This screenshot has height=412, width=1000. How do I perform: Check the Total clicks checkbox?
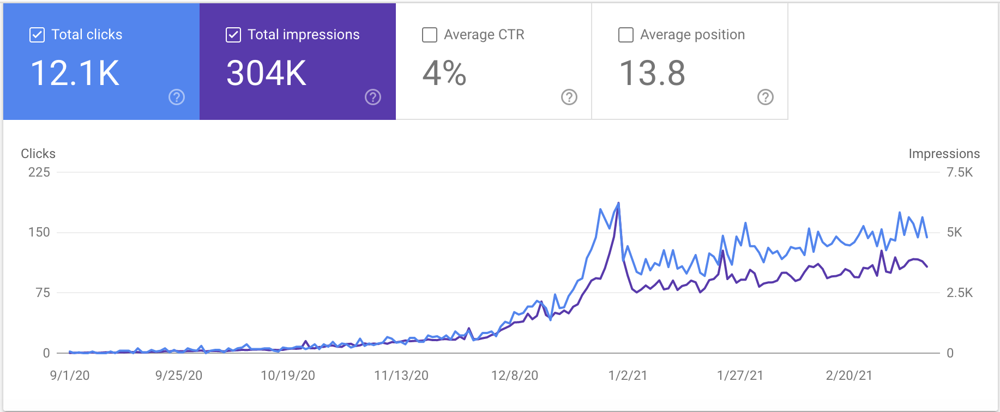tap(37, 35)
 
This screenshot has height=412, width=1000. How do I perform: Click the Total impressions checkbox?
tap(233, 35)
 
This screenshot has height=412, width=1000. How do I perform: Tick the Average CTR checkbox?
tap(430, 35)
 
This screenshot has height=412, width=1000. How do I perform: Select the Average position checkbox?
tap(626, 35)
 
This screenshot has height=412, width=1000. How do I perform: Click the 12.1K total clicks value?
tap(75, 73)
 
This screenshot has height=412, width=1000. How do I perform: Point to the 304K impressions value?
tap(266, 73)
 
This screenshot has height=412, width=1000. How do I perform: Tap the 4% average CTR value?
tap(444, 73)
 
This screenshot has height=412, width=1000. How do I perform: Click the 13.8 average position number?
tap(652, 73)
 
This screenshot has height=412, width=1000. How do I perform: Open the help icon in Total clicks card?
tap(177, 97)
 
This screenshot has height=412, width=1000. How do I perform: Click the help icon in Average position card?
tap(766, 97)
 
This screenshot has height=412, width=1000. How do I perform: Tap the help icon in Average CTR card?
tap(569, 97)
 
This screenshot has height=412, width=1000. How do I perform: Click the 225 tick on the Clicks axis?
tap(39, 172)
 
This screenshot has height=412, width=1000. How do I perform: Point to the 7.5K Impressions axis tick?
tap(960, 172)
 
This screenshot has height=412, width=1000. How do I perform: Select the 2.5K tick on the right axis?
tap(960, 293)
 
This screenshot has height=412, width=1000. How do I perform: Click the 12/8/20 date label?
tap(514, 375)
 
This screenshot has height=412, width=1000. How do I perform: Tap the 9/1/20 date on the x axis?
tap(70, 375)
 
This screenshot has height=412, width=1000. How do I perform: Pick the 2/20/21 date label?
tap(849, 375)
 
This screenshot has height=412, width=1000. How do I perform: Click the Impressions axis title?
tap(944, 154)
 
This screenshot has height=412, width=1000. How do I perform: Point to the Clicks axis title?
tap(38, 154)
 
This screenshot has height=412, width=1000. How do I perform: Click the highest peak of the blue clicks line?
tap(618, 203)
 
